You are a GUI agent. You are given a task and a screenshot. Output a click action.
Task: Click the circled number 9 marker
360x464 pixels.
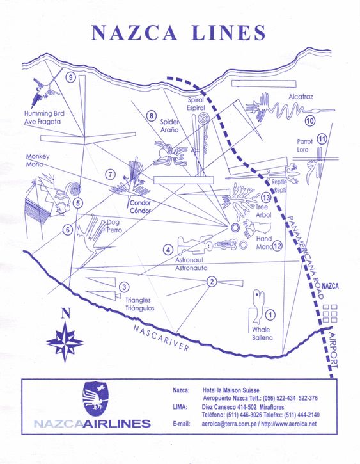70,77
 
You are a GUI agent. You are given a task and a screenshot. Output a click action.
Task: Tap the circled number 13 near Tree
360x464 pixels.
266,197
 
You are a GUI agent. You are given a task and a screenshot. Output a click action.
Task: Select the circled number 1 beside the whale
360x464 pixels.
270,315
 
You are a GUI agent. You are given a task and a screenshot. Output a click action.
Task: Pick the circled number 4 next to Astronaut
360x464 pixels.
168,250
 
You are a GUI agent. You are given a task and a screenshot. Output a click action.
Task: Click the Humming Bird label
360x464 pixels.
44,113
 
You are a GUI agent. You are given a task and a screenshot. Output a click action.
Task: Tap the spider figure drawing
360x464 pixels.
171,154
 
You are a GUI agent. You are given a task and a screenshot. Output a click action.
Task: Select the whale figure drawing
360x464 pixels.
258,307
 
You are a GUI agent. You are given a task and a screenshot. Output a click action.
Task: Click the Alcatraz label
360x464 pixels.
301,97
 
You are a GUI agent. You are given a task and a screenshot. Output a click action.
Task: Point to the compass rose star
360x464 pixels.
65,342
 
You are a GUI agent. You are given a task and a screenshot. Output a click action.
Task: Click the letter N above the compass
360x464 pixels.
66,313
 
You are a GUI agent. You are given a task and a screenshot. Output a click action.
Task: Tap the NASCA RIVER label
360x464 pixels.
160,338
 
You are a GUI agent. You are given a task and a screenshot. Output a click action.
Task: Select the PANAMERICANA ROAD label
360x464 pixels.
304,257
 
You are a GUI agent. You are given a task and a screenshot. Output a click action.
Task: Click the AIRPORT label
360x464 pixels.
333,350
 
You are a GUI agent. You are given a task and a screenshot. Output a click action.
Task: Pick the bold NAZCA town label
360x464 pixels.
330,286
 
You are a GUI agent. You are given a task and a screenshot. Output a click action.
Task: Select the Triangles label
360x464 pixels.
137,300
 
